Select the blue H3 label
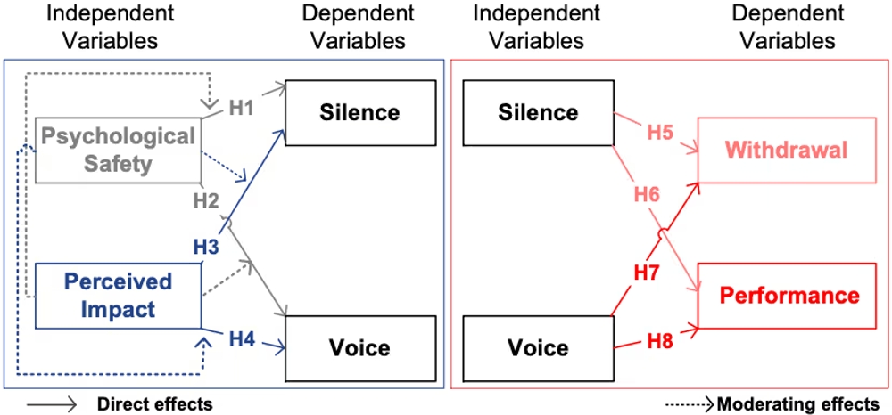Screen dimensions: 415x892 pyautogui.click(x=207, y=246)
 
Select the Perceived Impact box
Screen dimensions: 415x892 pyautogui.click(x=118, y=296)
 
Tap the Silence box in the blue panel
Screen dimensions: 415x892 pyautogui.click(x=360, y=112)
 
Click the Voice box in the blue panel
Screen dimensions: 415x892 pyautogui.click(x=360, y=348)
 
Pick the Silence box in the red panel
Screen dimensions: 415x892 pyautogui.click(x=538, y=112)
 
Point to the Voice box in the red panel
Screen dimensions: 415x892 pyautogui.click(x=538, y=348)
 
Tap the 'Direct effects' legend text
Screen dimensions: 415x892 pyautogui.click(x=154, y=404)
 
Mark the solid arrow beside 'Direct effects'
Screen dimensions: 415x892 pyautogui.click(x=52, y=404)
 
